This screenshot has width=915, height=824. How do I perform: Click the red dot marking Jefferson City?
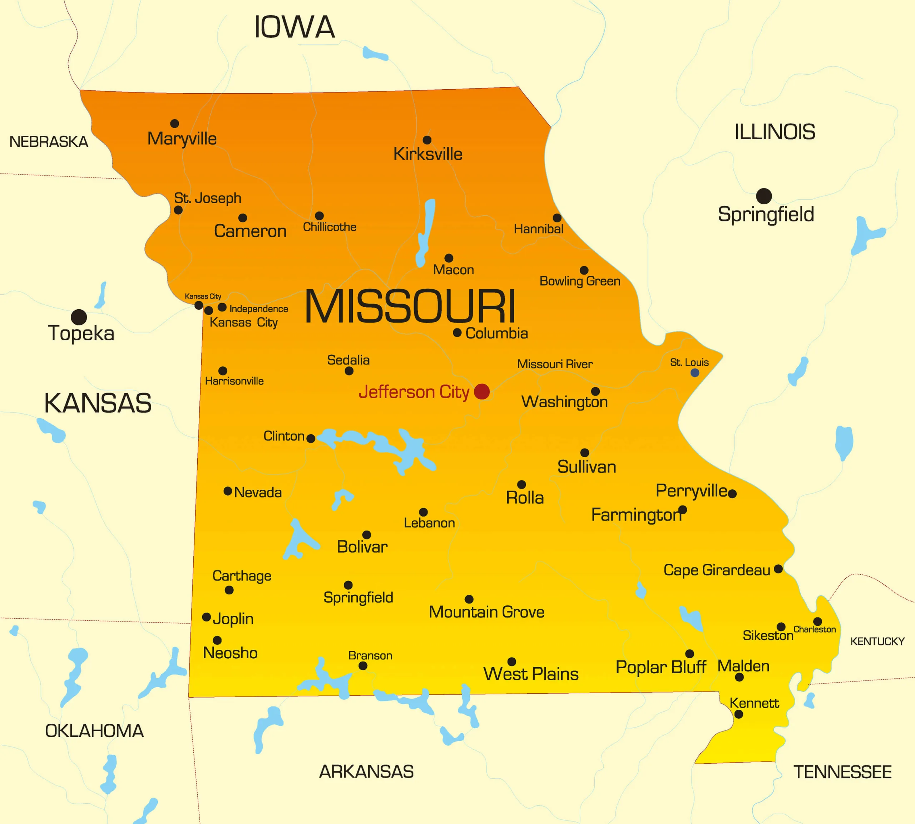coord(481,391)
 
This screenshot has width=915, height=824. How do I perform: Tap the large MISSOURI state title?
coord(410,306)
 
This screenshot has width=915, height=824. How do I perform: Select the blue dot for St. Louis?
coord(694,373)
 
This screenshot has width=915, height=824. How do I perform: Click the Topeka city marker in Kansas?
coord(79,317)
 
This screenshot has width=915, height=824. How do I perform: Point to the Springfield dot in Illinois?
coord(764,196)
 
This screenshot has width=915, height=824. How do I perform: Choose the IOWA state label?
coord(295,27)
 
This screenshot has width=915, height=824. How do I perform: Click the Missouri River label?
coord(554,364)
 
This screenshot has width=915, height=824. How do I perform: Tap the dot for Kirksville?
coord(427,140)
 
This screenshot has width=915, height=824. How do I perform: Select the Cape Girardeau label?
coord(716,570)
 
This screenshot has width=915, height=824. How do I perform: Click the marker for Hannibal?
coord(557,218)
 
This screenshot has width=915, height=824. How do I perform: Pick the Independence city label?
coord(259,309)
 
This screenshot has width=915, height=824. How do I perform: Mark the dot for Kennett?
coord(738,714)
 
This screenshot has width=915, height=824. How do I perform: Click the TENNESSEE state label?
coord(842,771)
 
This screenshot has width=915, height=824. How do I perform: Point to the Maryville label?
coord(182,139)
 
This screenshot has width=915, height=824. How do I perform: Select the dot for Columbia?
coord(457,333)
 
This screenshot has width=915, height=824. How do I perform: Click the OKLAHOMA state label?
coord(94,731)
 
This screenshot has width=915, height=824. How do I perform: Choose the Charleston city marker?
coord(817,621)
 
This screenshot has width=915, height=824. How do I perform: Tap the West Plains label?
coord(530,674)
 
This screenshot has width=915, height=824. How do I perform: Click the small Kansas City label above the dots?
coord(203,296)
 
